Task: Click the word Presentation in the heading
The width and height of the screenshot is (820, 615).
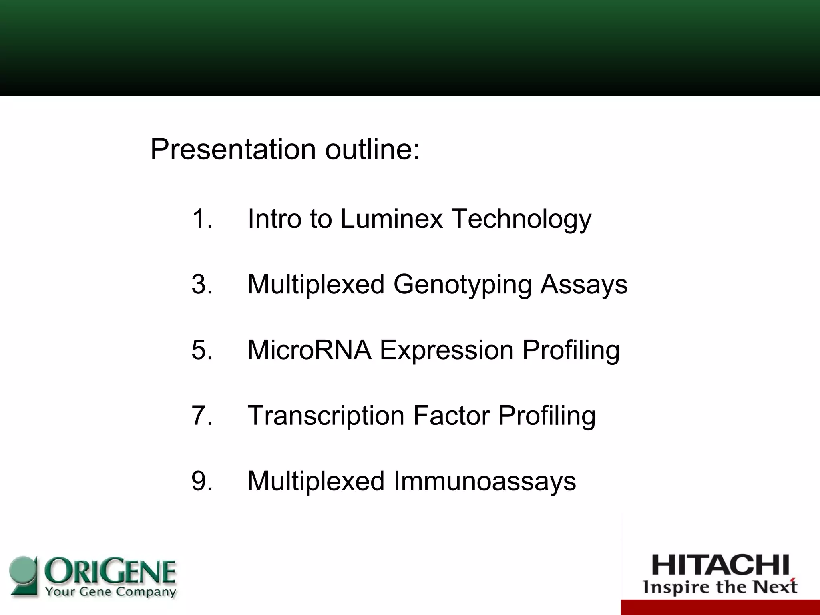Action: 233,149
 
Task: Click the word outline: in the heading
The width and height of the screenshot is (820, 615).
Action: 372,149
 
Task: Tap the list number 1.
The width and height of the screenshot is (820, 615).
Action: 202,219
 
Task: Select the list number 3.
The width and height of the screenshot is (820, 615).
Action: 202,284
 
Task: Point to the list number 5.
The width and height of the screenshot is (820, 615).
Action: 202,350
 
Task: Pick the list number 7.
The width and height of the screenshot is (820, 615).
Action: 202,415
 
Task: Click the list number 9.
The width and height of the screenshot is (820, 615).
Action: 202,481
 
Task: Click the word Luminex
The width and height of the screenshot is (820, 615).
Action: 391,219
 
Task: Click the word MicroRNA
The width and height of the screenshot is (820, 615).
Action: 309,350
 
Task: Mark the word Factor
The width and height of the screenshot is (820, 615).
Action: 451,415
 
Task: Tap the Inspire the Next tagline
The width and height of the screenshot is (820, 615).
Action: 720,587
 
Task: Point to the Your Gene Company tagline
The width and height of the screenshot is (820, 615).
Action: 110,592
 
